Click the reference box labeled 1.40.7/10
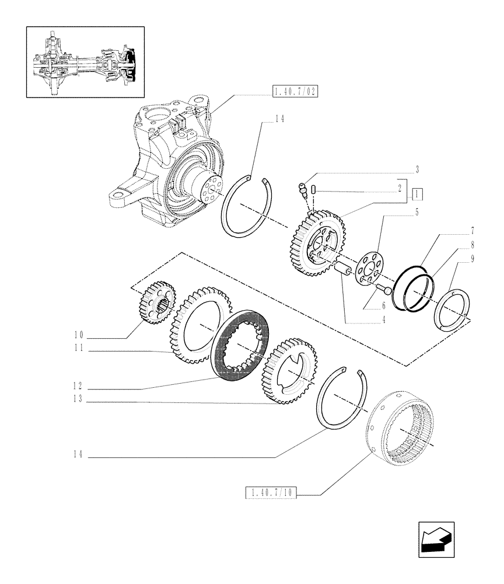271,494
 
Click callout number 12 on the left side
79,385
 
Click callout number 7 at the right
471,231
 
